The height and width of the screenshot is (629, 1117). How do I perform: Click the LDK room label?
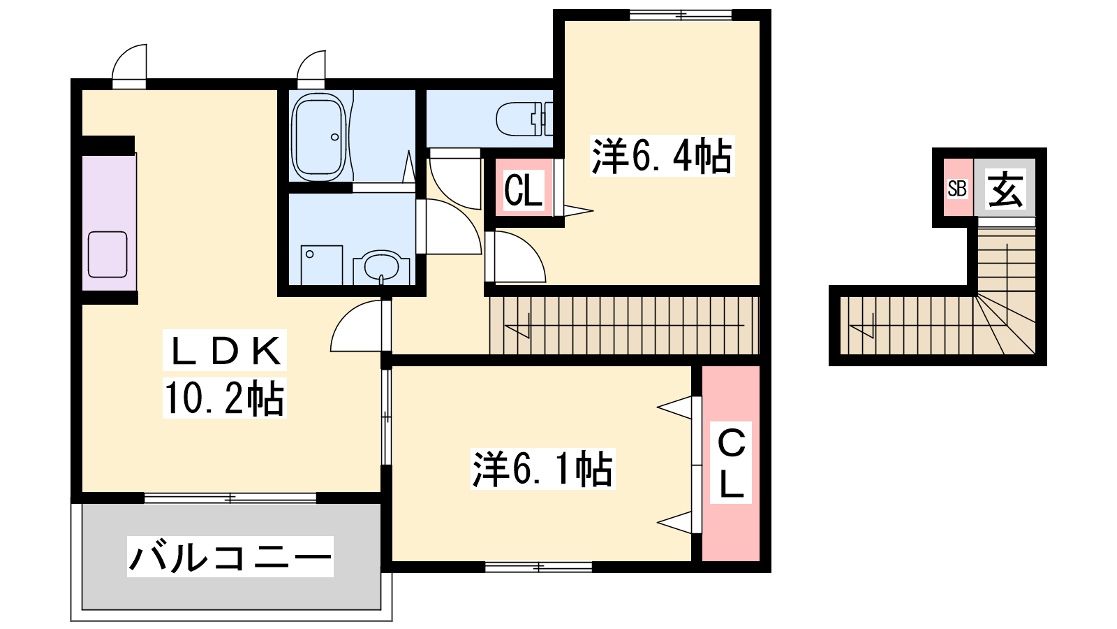[x=224, y=351]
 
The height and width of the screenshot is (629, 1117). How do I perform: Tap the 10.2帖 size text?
[x=224, y=398]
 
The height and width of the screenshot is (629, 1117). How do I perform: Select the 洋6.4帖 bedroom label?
[x=662, y=155]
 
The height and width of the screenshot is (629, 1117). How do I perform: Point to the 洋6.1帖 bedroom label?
[x=542, y=469]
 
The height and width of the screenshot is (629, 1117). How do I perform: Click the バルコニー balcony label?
[x=230, y=556]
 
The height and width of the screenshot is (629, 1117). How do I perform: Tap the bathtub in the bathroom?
[x=319, y=137]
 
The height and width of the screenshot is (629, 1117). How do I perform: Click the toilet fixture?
[x=524, y=119]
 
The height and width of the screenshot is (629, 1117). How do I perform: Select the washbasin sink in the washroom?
[x=381, y=267]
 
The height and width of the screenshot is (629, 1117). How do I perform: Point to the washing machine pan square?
[x=322, y=265]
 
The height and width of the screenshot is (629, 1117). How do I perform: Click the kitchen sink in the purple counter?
[x=108, y=254]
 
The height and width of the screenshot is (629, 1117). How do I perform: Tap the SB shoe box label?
[x=957, y=189]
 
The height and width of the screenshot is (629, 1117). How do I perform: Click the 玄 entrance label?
[x=1005, y=189]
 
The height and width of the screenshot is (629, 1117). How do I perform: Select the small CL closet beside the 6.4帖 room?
[x=524, y=188]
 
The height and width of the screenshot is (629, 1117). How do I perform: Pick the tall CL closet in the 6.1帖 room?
[x=731, y=463]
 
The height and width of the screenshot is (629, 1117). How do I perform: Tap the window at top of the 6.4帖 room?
[x=681, y=15]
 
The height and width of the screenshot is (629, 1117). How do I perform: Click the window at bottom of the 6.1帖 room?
[x=538, y=567]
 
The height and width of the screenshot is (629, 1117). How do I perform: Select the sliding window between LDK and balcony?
[x=230, y=498]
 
